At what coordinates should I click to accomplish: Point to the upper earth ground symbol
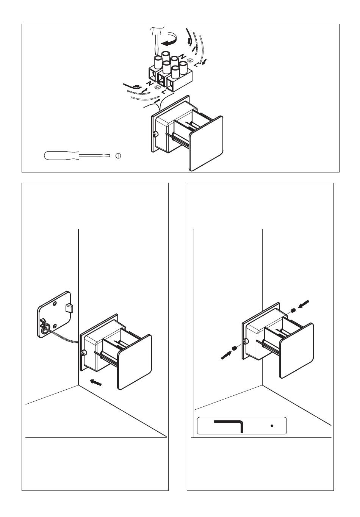[x=189, y=61]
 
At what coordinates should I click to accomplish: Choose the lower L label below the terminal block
[x=164, y=92]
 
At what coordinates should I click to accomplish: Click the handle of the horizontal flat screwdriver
[x=61, y=155]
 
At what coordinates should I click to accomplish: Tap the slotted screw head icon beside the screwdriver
[x=118, y=156]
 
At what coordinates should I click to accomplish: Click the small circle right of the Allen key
[x=272, y=426]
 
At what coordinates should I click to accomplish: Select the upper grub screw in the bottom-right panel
[x=293, y=310]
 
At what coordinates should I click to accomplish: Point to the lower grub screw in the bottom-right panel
[x=235, y=348]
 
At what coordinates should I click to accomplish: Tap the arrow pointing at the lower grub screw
[x=226, y=355]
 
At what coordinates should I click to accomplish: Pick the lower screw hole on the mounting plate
[x=55, y=326]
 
